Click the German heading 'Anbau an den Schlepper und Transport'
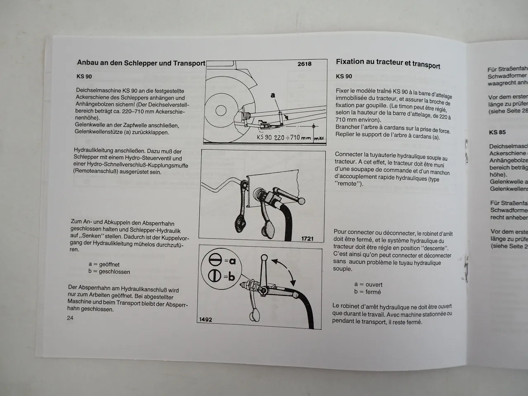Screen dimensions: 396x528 [141, 63]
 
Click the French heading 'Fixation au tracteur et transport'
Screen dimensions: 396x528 [388, 64]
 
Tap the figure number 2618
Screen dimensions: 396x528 [304, 64]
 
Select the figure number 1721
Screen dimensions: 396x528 [307, 238]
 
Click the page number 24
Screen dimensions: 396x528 [70, 318]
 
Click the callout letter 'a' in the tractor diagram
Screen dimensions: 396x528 [273, 95]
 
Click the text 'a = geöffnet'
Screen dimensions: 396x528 [104, 264]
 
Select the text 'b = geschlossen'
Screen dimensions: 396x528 [109, 272]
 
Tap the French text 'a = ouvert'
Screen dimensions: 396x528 [368, 285]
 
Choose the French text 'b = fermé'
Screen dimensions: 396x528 [367, 292]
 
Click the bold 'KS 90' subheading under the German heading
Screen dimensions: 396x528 [84, 76]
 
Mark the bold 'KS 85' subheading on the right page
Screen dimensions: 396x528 [497, 132]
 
